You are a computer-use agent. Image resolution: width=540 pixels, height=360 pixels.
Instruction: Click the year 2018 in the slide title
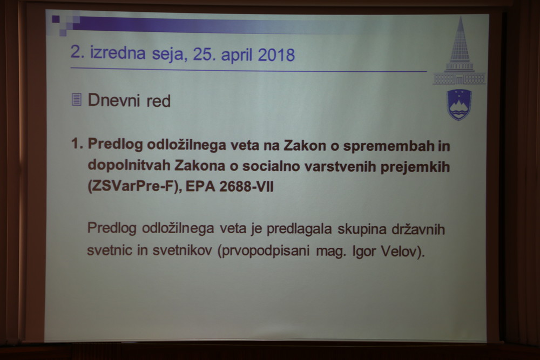276,55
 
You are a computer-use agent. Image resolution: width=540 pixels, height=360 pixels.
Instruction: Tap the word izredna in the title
118,53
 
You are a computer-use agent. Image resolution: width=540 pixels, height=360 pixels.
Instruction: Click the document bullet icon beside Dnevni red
77,99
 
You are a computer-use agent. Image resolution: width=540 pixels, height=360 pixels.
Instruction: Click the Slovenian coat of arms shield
459,105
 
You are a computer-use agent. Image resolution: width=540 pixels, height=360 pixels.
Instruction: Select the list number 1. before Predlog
77,144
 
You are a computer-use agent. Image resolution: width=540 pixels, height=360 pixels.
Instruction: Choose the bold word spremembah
388,146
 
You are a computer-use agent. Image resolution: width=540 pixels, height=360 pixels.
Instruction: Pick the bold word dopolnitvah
129,165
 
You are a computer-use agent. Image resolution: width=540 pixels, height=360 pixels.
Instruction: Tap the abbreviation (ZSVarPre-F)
134,186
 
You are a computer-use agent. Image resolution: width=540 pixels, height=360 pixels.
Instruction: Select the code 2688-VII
247,187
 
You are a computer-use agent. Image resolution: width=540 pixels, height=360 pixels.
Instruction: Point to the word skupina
362,229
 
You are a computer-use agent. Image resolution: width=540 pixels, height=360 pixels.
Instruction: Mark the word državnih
418,229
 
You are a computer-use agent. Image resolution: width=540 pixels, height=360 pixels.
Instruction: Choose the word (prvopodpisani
264,251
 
